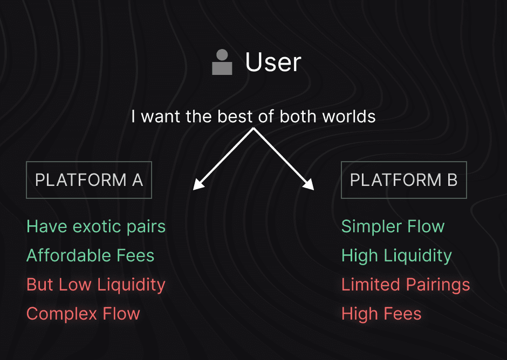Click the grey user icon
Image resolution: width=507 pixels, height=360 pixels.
tap(222, 62)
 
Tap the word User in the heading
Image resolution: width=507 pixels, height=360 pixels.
tap(273, 62)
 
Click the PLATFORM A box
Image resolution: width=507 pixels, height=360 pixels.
tap(89, 180)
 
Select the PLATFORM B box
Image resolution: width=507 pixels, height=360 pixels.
tap(403, 180)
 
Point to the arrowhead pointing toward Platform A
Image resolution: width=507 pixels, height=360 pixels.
tap(197, 185)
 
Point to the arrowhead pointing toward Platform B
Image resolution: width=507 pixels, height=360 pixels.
tap(309, 185)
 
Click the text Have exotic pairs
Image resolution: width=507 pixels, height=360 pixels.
tap(96, 226)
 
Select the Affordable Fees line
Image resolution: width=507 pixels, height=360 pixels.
tap(91, 255)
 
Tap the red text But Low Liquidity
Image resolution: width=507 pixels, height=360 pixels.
tap(96, 285)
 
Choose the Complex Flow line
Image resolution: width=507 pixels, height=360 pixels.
tap(83, 314)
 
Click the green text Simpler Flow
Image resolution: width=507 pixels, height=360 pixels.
tap(393, 226)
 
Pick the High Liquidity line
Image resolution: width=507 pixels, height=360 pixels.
tap(396, 255)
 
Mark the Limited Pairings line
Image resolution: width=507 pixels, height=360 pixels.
tap(406, 285)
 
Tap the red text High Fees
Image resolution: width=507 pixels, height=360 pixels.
tap(381, 314)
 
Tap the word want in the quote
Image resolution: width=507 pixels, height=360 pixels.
tap(160, 116)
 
